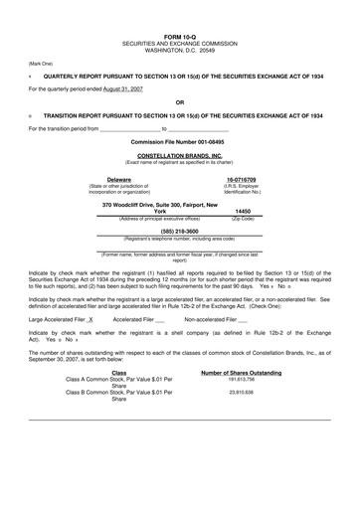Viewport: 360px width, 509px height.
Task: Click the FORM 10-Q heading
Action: (x=179, y=11)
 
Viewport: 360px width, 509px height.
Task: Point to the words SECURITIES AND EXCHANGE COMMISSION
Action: (x=179, y=18)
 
